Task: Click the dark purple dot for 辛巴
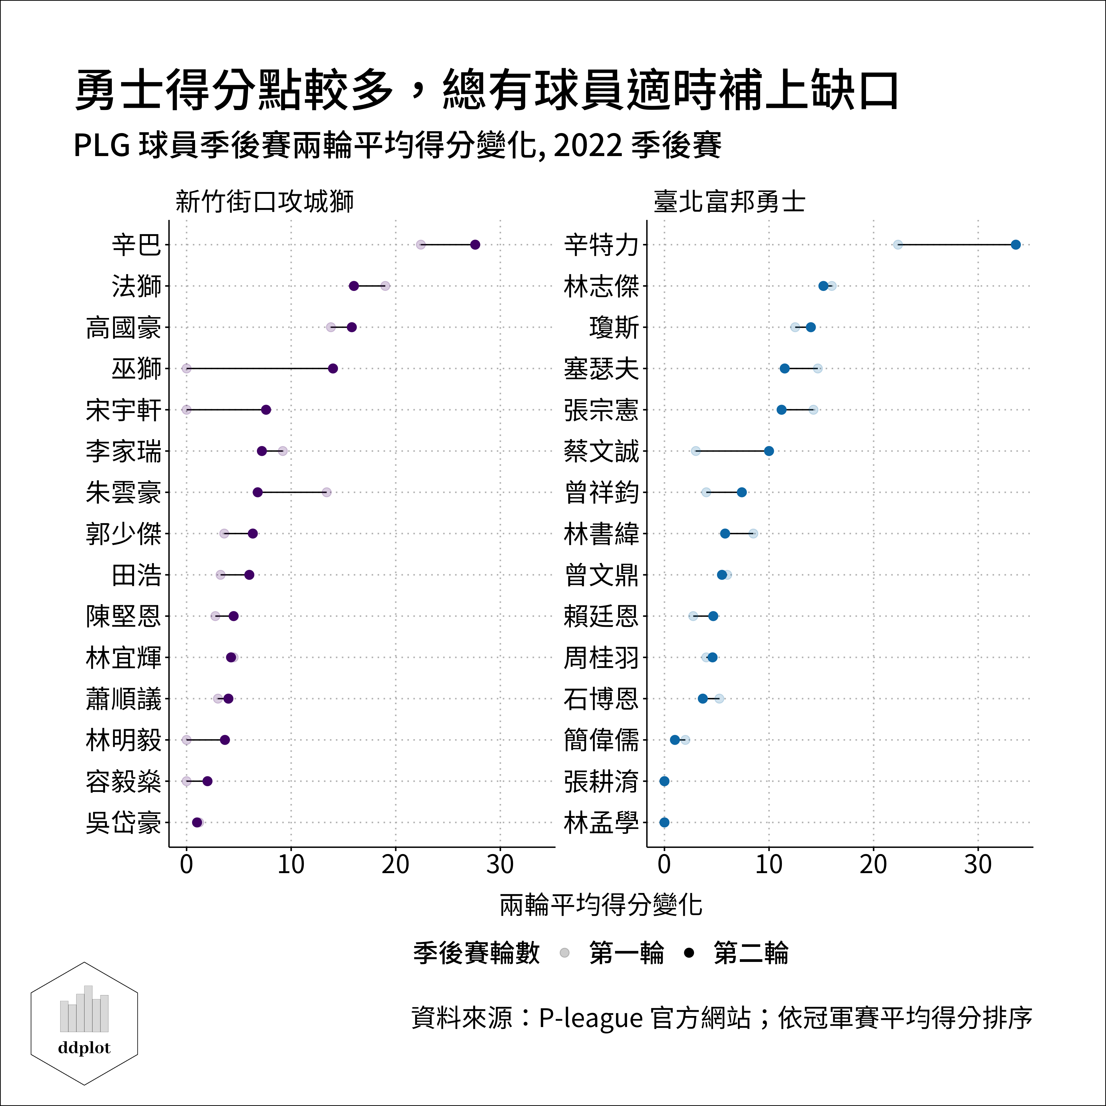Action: [x=475, y=245]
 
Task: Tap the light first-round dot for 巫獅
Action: [x=186, y=368]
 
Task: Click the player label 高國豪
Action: [x=124, y=327]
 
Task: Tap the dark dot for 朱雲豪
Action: [x=258, y=492]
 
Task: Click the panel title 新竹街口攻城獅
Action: [x=265, y=202]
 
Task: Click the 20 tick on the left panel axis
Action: [x=396, y=865]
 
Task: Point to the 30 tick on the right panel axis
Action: [x=978, y=865]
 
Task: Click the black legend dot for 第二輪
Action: [x=689, y=953]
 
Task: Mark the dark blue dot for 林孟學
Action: [x=664, y=823]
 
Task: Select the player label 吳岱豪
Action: [x=124, y=823]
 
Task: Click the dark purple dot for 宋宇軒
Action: [x=266, y=410]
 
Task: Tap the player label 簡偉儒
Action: [x=601, y=740]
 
